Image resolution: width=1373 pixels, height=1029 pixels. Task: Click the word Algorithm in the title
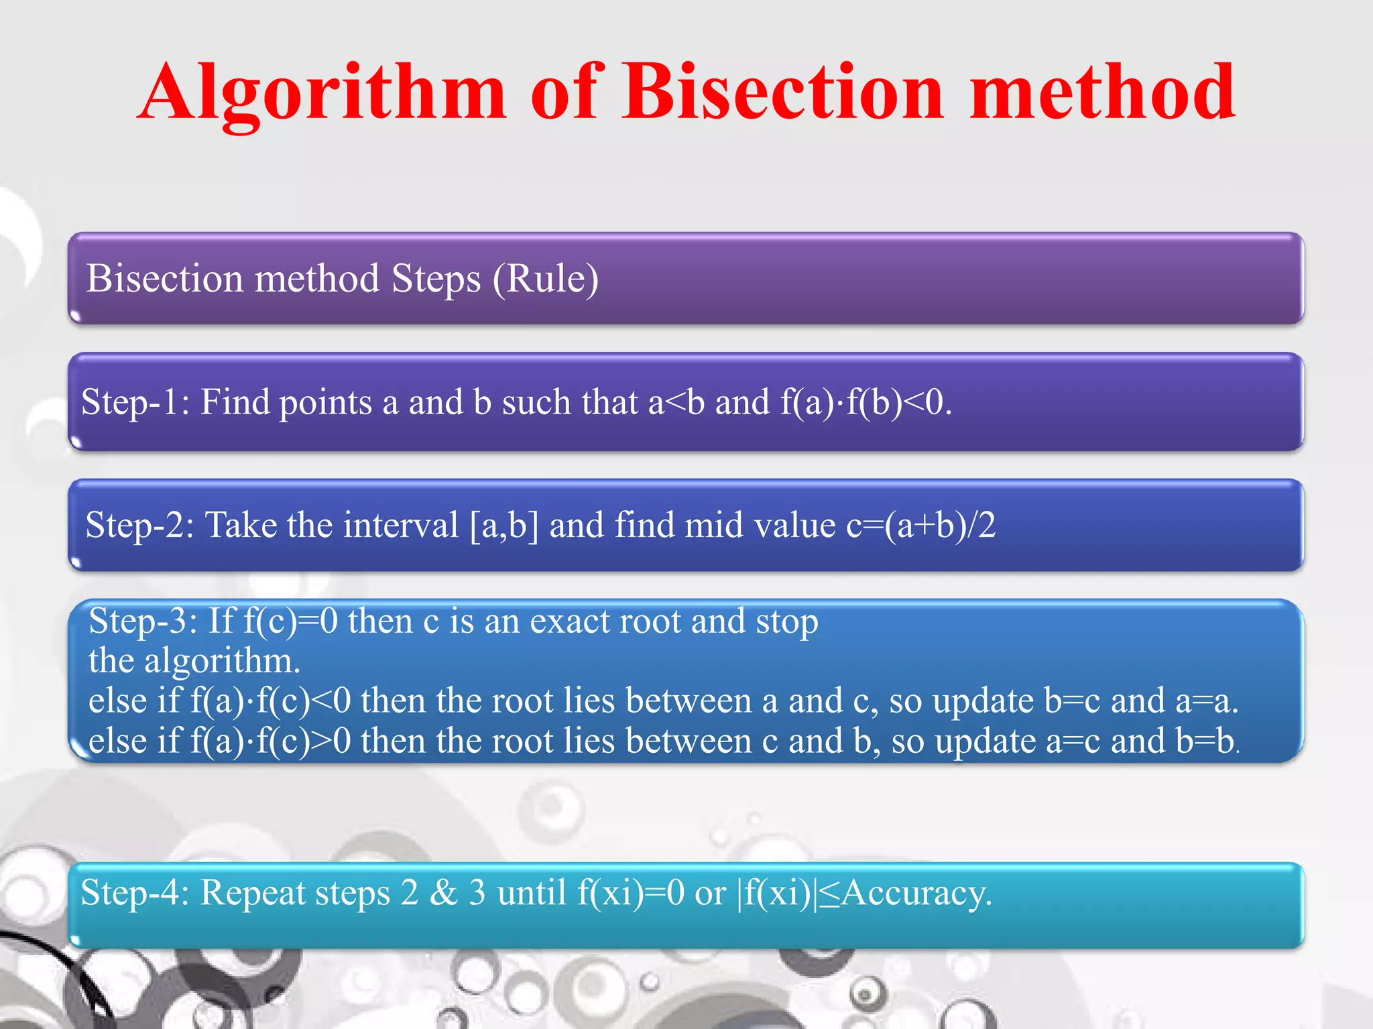point(322,94)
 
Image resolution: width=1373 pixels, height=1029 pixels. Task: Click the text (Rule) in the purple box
point(546,278)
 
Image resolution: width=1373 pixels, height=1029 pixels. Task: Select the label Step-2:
point(139,525)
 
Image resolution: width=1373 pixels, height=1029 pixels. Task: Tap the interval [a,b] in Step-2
point(504,525)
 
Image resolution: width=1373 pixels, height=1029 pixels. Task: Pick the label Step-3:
point(143,621)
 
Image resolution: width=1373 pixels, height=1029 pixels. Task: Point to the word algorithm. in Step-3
point(222,661)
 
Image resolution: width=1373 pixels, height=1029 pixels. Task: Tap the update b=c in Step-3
point(1072,701)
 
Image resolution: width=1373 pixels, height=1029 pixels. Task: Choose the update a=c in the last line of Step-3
point(1073,741)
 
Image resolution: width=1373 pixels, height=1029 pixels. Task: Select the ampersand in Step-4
point(443,893)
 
